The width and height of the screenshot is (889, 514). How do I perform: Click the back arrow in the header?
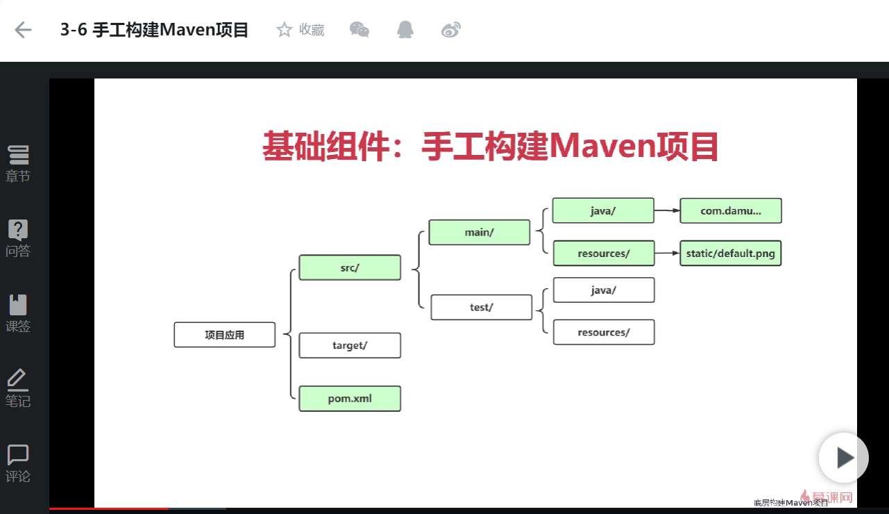(24, 30)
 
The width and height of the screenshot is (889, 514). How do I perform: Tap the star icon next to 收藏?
(284, 30)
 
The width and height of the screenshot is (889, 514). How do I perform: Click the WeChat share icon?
(359, 30)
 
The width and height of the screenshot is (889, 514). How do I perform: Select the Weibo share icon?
(451, 30)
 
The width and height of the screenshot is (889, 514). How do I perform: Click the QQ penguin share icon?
(405, 30)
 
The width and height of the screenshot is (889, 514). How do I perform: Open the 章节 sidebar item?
(18, 163)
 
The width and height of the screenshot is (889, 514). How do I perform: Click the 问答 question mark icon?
(18, 230)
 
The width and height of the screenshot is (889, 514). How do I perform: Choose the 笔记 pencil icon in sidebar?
(18, 380)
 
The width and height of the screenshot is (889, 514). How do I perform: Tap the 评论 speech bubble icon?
(18, 455)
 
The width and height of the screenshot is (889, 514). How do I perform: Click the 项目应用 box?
(224, 335)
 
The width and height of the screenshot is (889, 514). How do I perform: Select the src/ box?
(350, 267)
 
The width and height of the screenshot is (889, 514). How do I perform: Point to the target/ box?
(350, 345)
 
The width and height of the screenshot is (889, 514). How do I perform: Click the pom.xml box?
(350, 399)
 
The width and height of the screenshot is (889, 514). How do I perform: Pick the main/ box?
(479, 233)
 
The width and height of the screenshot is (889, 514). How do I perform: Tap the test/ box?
(481, 307)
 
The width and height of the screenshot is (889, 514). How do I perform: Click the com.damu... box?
(731, 210)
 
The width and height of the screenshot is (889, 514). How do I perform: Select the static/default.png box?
(731, 254)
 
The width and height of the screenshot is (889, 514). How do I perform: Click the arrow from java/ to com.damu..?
(667, 210)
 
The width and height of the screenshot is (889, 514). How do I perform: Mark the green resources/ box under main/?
(603, 254)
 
